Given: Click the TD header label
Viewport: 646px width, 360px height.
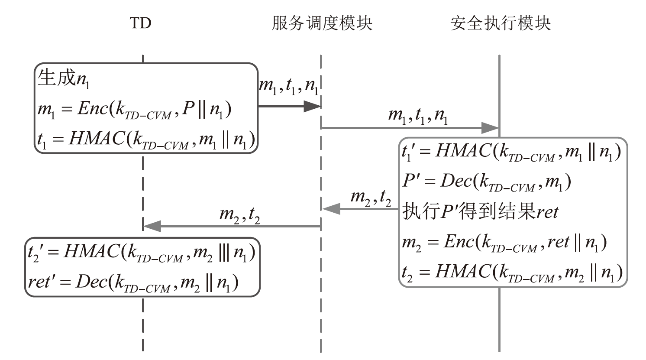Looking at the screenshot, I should pos(141,23).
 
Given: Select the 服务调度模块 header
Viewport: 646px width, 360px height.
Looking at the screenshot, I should pos(322,23).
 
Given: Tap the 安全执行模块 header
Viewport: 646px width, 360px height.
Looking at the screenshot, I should pos(500,23).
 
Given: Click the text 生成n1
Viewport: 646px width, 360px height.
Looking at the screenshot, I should pos(64,79).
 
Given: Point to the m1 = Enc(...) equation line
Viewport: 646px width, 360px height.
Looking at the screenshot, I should pos(135,110).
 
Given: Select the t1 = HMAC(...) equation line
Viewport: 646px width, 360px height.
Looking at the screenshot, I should pos(145,139).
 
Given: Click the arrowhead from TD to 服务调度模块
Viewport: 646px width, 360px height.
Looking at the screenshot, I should pos(312,106).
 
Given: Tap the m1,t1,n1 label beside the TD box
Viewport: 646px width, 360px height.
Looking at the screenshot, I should pos(288,86).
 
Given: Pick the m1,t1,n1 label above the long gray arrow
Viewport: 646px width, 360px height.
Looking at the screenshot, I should pos(417,116).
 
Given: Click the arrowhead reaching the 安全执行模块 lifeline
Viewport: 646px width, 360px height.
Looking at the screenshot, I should pos(491,128).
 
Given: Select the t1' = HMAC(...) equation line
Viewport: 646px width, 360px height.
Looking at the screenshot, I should pos(511,152).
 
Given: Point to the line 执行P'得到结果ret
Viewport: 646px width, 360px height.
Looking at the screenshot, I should pos(480,211).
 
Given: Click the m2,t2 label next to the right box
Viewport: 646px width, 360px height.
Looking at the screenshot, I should pos(371,198).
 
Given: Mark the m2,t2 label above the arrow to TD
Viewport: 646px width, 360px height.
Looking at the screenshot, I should pos(239,214).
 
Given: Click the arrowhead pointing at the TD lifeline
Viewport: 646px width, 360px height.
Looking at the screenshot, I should pos(152,226).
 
